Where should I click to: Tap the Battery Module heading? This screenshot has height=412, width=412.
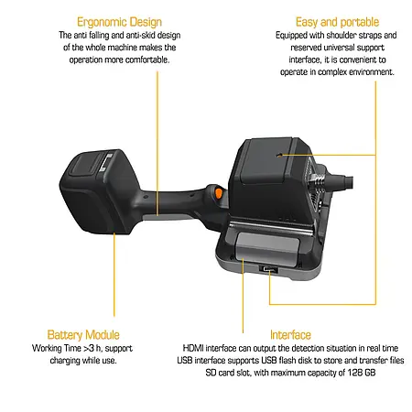[x=83, y=335]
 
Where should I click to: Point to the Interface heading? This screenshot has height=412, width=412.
[x=290, y=335]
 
